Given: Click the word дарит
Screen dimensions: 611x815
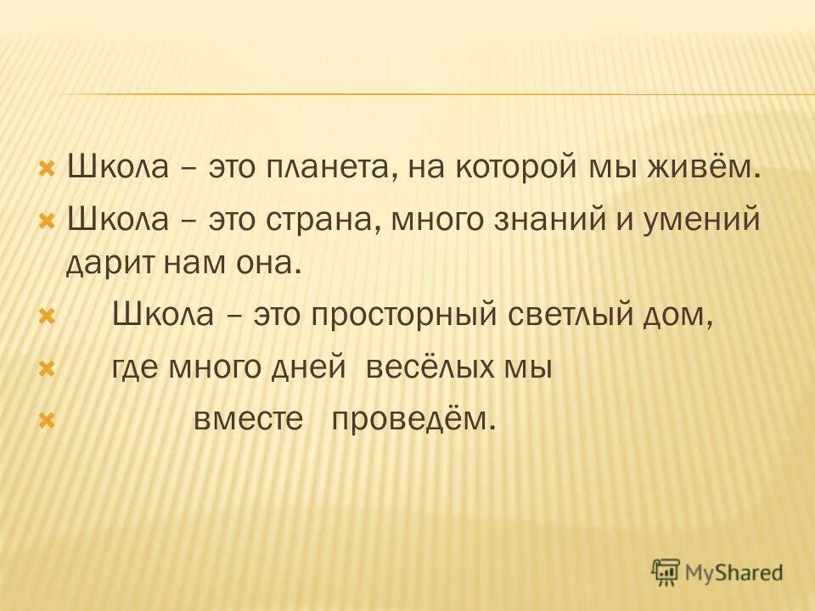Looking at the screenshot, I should pos(104,264).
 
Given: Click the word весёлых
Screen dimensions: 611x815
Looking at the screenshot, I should pos(436,367).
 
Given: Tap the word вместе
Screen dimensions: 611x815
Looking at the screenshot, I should pos(248,419).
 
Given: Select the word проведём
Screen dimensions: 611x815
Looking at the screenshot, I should pos(411,420).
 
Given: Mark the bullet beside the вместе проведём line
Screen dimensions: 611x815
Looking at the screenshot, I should pos(48,419).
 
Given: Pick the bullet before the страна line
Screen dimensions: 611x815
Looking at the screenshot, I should pos(48,221).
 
